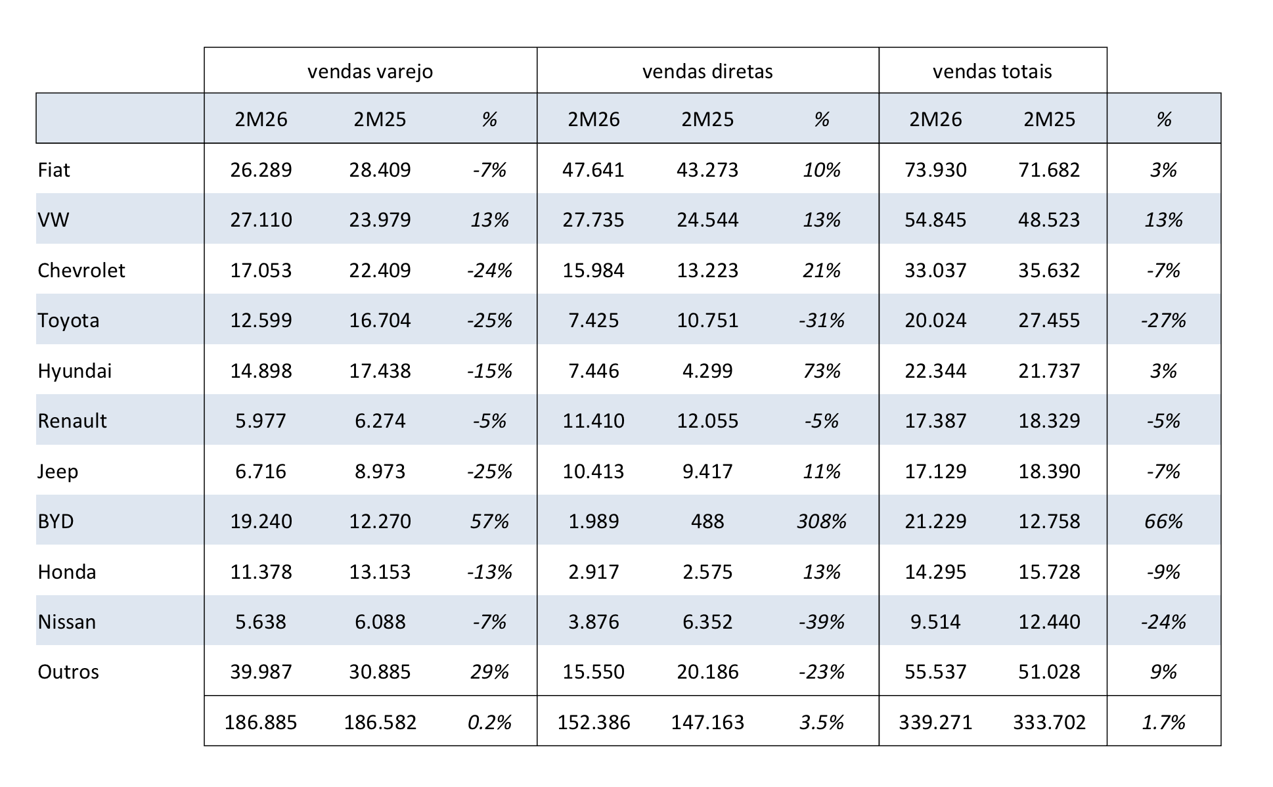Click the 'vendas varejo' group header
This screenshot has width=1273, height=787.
click(370, 71)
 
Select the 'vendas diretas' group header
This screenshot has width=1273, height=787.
click(707, 71)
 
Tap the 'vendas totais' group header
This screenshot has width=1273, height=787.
click(992, 71)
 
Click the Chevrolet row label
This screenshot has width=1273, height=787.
click(81, 270)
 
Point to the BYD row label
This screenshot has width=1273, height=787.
click(56, 521)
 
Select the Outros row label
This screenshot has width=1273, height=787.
click(68, 671)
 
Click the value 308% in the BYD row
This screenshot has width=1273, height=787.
click(821, 521)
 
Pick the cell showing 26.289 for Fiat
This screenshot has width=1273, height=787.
click(261, 169)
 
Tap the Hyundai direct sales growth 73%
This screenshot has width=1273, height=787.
click(821, 371)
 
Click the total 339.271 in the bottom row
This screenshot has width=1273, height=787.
click(935, 722)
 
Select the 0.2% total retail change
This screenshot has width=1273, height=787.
click(489, 722)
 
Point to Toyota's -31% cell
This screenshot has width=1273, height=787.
click(821, 320)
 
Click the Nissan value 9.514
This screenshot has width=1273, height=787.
click(935, 621)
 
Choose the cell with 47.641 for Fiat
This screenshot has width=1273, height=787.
click(593, 169)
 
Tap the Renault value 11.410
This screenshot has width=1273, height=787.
click(593, 420)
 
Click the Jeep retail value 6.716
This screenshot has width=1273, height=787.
click(261, 471)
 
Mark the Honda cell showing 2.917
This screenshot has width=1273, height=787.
click(593, 572)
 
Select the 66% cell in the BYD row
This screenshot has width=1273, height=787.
click(1163, 521)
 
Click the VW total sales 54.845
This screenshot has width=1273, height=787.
click(935, 219)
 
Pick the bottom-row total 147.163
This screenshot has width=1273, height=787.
click(707, 722)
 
